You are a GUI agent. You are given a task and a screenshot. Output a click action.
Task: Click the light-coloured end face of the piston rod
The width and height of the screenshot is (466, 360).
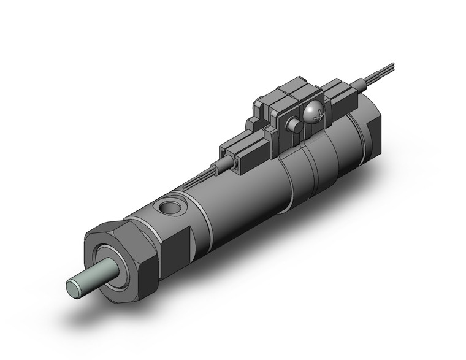(x=73, y=286)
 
